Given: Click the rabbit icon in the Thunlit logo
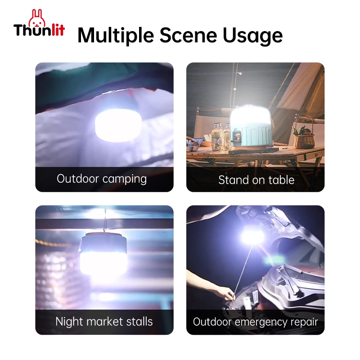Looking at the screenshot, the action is click(x=37, y=18).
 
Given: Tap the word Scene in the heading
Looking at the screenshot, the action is click(x=188, y=35).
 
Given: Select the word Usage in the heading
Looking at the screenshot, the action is click(x=253, y=36).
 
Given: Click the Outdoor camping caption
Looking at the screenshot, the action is click(x=102, y=179).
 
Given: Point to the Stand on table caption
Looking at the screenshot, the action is click(x=256, y=180).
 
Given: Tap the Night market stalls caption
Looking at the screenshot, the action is click(x=104, y=321).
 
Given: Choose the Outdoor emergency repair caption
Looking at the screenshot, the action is click(x=255, y=322).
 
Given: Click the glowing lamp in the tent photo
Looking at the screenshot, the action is click(x=118, y=126).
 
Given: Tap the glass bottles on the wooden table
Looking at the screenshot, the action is click(x=221, y=137).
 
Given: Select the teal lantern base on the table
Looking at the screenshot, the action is click(x=252, y=136).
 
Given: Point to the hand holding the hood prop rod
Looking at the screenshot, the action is click(x=224, y=292).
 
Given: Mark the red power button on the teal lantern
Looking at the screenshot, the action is click(x=238, y=139).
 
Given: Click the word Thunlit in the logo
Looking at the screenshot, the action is click(x=39, y=30).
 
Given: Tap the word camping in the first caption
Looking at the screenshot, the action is click(x=125, y=179).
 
